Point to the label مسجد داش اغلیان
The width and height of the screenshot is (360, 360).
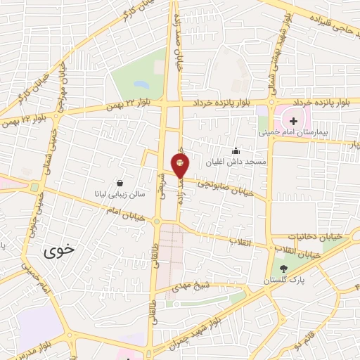click(236, 162)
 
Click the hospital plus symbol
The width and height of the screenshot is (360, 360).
click(293, 122)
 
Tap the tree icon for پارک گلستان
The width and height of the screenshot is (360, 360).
click(284, 269)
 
